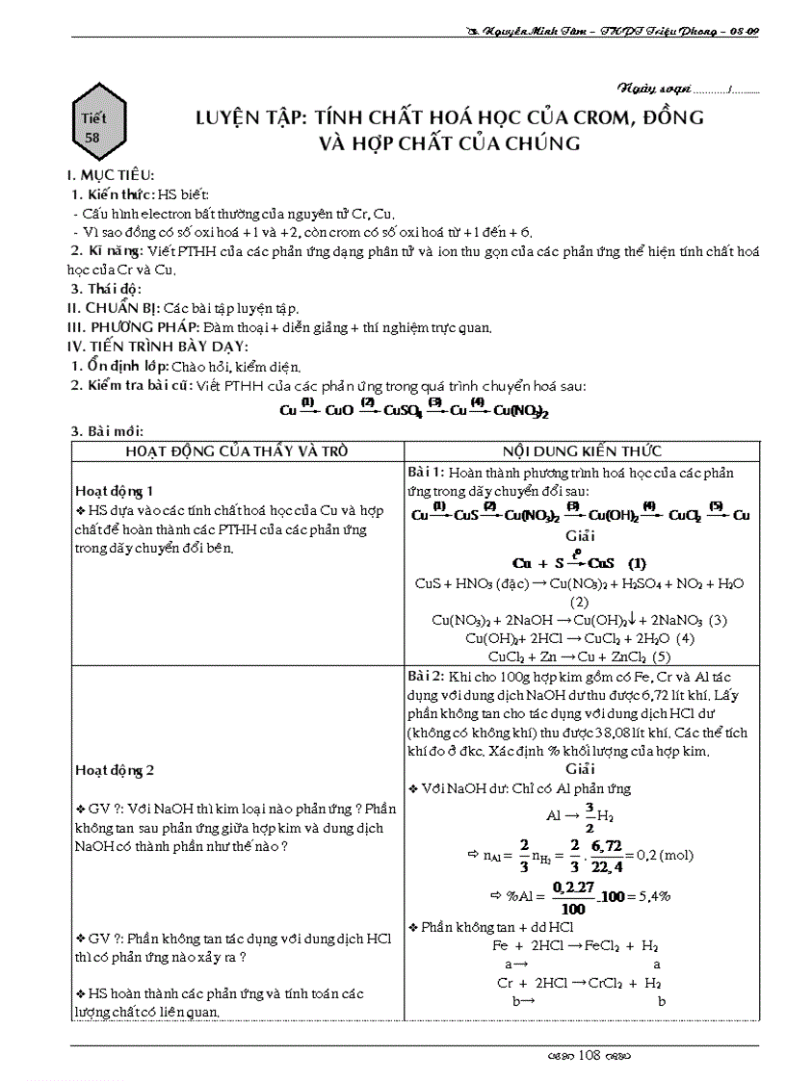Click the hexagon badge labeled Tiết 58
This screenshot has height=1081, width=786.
93,126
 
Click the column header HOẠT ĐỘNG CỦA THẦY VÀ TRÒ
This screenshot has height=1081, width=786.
237,451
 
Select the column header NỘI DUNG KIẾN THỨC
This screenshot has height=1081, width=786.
582,451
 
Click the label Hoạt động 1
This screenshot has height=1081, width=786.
114,490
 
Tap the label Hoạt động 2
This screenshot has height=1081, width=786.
114,770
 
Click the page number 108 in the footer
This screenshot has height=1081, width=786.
589,1054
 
